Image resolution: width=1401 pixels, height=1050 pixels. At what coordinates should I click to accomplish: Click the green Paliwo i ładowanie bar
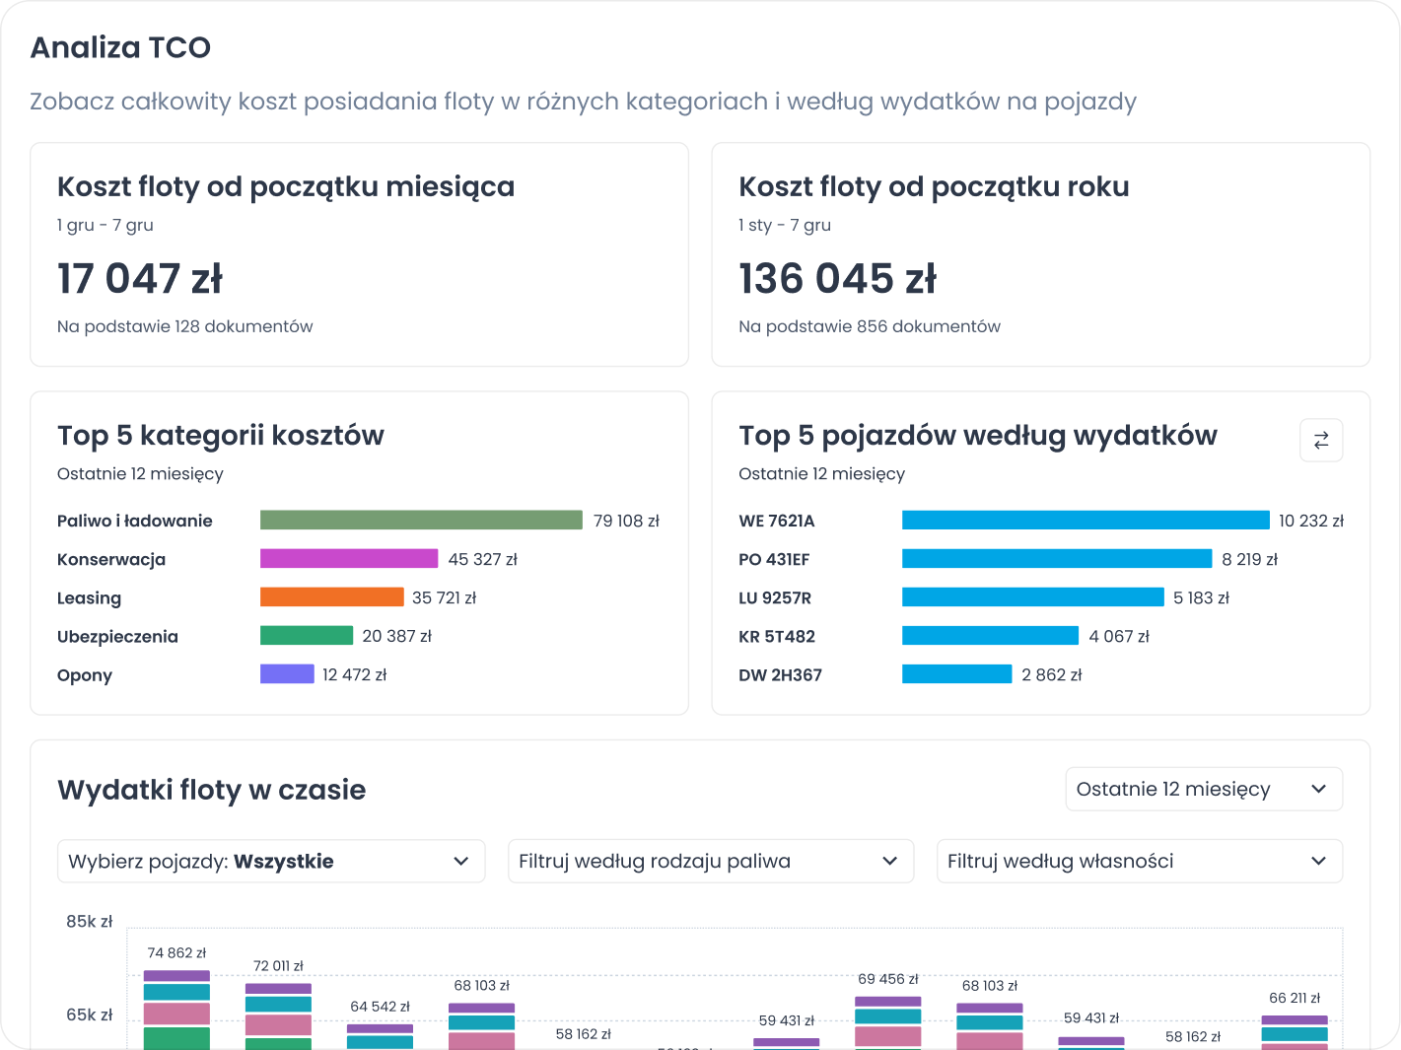pyautogui.click(x=421, y=520)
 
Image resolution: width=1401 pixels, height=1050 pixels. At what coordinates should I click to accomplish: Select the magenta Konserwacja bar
pyautogui.click(x=349, y=559)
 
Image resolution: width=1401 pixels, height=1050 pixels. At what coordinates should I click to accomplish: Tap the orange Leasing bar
pyautogui.click(x=331, y=597)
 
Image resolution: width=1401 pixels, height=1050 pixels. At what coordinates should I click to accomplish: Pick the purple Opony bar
pyautogui.click(x=287, y=674)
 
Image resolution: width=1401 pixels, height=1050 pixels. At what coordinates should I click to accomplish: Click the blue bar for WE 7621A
pyautogui.click(x=1086, y=520)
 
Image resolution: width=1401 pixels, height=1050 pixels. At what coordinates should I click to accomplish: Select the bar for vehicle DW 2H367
pyautogui.click(x=956, y=674)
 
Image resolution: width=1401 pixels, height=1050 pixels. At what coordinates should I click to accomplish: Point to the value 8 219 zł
pyautogui.click(x=1249, y=559)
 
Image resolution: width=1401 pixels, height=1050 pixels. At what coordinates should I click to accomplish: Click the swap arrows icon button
pyautogui.click(x=1321, y=440)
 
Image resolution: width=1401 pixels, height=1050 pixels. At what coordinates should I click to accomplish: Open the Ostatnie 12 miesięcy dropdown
pyautogui.click(x=1203, y=789)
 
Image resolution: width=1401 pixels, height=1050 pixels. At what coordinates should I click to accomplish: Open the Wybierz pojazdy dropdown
pyautogui.click(x=271, y=861)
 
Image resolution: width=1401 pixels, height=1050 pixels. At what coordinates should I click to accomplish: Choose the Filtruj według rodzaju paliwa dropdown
pyautogui.click(x=710, y=861)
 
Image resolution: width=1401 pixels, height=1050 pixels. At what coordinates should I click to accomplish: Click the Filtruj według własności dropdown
pyautogui.click(x=1139, y=861)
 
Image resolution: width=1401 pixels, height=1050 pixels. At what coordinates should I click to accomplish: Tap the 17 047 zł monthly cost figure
pyautogui.click(x=140, y=279)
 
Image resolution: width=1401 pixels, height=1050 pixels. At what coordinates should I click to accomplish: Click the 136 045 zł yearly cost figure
pyautogui.click(x=837, y=279)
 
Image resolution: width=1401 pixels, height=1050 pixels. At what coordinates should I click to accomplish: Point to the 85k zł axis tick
pyautogui.click(x=90, y=922)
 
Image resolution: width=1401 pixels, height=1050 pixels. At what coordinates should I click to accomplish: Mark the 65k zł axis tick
pyautogui.click(x=90, y=1015)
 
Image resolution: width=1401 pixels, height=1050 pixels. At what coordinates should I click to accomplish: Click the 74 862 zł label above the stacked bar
pyautogui.click(x=176, y=953)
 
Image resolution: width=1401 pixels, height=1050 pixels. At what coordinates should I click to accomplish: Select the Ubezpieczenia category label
pyautogui.click(x=117, y=637)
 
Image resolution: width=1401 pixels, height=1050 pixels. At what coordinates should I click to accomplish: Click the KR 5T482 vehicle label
pyautogui.click(x=777, y=637)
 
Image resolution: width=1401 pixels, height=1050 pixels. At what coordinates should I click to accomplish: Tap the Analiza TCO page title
pyautogui.click(x=120, y=47)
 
